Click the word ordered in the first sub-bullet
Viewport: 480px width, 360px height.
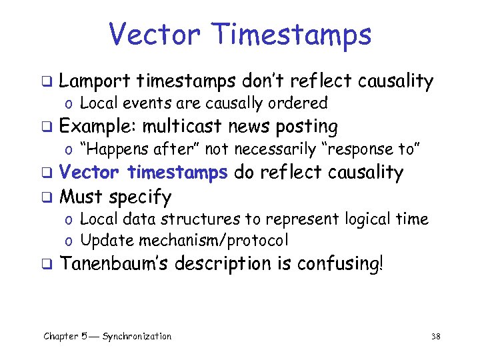click(304, 103)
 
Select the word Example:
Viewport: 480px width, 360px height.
click(97, 127)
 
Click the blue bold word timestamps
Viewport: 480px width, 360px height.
click(177, 173)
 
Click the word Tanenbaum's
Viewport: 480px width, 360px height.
click(115, 263)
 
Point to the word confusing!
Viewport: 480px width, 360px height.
click(341, 263)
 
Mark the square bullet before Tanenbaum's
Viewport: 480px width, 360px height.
click(47, 264)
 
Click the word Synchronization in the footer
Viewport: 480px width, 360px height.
click(137, 337)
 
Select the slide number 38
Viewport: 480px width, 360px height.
click(436, 337)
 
